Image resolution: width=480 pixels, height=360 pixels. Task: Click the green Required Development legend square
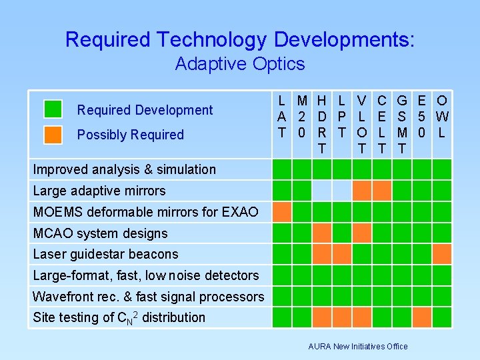point(53,109)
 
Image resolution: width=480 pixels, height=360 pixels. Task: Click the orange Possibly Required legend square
point(53,134)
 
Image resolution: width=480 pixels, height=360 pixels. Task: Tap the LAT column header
point(282,117)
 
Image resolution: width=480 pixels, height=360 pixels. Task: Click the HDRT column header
point(322,125)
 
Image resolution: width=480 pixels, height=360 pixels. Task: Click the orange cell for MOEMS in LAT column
point(283,212)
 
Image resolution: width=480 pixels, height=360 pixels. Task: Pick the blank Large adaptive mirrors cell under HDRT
point(322,191)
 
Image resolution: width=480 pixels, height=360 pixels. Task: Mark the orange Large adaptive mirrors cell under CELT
point(381,191)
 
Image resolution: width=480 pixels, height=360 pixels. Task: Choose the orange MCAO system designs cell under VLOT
point(361,233)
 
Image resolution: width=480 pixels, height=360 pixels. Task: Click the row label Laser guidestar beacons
point(105,254)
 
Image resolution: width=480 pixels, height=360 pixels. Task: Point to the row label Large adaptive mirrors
point(99,191)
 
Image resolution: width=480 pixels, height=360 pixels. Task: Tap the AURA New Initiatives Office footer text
point(358,346)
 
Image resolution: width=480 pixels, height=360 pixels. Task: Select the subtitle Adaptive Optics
point(239,64)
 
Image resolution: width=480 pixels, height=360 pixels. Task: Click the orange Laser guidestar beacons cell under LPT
point(342,254)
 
